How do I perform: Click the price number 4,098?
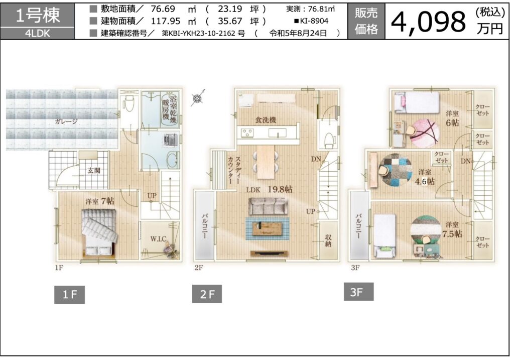coord(428,22)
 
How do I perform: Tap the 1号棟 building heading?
coord(38,15)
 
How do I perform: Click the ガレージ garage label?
coord(66,122)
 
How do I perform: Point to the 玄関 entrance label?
coord(94,171)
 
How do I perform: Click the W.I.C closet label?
coord(158,238)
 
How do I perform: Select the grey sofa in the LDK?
coord(268,206)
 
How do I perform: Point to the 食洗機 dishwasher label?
coord(266,120)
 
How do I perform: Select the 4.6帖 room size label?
coord(425,181)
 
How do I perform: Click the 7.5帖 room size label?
coord(452,234)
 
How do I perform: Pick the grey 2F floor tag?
coord(207,294)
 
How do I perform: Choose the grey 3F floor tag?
coord(358,292)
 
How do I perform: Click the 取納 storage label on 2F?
coord(328,241)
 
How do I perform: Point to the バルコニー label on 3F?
coord(358,226)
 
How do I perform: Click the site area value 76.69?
coord(163,9)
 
